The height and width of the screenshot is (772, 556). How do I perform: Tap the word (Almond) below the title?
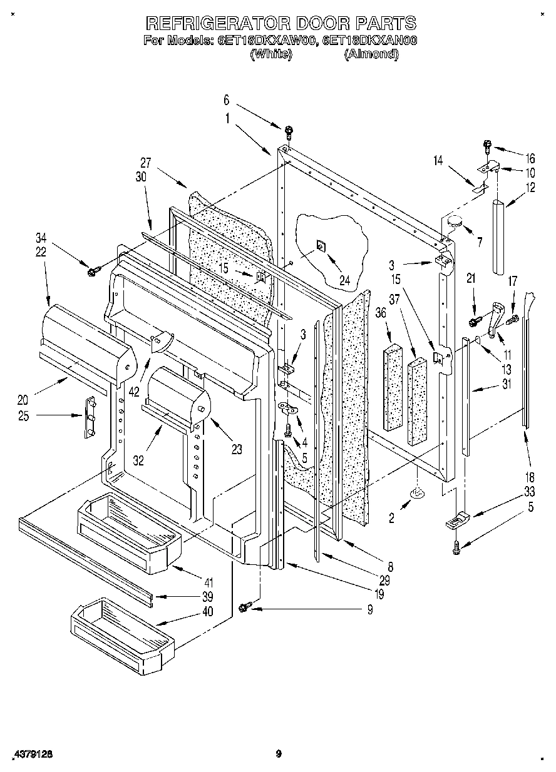pos(371,54)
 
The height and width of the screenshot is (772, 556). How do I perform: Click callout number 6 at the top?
pos(226,99)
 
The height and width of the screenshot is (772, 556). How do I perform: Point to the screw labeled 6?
pos(289,132)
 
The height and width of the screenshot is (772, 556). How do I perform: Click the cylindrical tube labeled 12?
pos(500,236)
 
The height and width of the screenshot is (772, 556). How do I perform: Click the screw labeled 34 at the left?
pos(94,271)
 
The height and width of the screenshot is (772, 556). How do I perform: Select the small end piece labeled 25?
pos(89,416)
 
